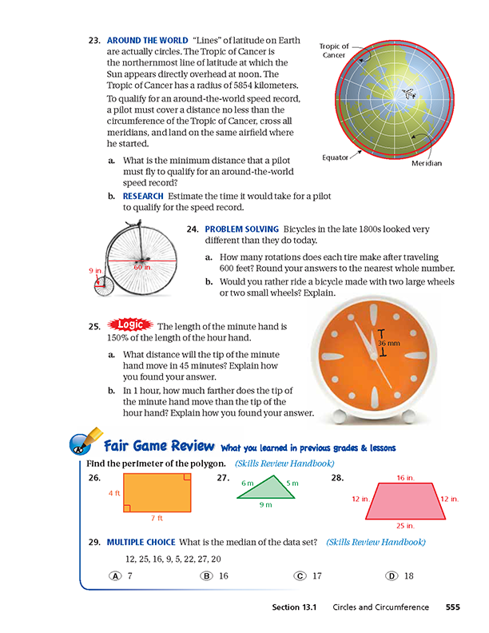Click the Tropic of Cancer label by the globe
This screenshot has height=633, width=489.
pos(334,51)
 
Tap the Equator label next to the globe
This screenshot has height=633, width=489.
pos(335,157)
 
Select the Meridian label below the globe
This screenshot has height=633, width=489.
pos(425,164)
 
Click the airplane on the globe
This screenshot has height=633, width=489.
pos(410,94)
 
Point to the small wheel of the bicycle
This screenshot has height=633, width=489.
pos(101,287)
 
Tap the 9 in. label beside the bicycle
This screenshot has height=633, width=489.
pos(94,271)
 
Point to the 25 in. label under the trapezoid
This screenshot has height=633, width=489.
pos(406,525)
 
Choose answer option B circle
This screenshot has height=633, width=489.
pos(206,575)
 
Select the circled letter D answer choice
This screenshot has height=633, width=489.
pos(392,575)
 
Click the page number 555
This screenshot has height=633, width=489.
pos(452,607)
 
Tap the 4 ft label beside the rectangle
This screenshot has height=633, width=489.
pos(113,493)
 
